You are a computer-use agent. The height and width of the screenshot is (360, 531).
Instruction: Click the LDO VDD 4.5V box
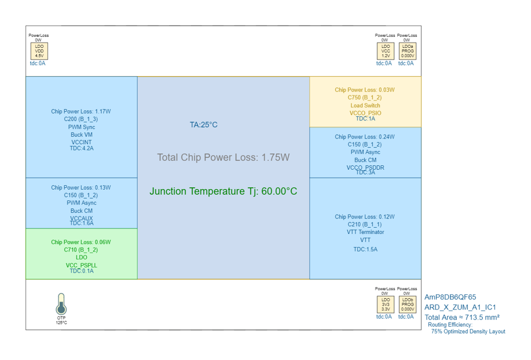(39, 51)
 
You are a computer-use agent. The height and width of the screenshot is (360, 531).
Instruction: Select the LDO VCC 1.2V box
(386, 51)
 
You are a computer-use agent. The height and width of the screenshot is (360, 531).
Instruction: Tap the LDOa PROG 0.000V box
(407, 51)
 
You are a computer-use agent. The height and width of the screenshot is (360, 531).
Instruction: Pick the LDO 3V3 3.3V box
(386, 304)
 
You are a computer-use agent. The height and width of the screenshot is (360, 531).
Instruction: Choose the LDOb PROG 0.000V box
(407, 304)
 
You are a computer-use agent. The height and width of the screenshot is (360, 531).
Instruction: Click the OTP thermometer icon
(61, 304)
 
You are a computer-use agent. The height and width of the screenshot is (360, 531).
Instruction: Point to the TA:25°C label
(204, 125)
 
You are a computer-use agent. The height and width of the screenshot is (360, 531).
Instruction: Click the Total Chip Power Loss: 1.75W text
(224, 157)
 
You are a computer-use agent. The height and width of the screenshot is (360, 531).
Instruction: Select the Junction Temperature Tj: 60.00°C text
(224, 191)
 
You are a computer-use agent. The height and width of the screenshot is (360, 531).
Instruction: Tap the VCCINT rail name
(81, 142)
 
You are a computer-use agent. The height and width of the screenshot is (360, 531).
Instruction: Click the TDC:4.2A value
(82, 148)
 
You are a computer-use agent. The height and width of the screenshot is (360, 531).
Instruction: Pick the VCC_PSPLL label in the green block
(81, 265)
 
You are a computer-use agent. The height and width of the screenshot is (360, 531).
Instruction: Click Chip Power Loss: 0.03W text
(365, 90)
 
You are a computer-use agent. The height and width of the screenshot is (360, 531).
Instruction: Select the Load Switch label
(365, 106)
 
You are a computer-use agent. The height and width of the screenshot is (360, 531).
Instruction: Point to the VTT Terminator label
(365, 232)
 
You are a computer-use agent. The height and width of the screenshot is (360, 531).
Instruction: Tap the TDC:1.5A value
(365, 249)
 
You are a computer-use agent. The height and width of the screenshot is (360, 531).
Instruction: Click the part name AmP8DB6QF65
(450, 297)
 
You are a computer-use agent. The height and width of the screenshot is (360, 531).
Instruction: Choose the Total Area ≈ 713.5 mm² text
(462, 317)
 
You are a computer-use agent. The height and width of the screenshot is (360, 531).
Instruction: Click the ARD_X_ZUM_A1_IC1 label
(460, 307)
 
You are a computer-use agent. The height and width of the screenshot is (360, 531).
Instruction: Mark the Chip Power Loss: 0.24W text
(365, 137)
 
